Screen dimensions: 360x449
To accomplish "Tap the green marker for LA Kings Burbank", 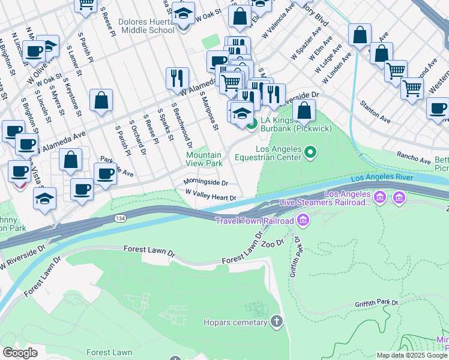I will (252, 124).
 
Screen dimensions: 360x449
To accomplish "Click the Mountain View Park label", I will (204, 159).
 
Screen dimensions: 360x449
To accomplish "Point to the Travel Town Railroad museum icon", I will (303, 221).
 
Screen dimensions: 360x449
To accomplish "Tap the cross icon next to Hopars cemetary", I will (276, 322).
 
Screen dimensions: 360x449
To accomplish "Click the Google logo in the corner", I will (20, 352).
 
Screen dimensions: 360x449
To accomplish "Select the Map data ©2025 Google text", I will (412, 355).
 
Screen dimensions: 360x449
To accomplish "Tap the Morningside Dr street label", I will (206, 182).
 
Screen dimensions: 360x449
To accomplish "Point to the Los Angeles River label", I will (381, 178).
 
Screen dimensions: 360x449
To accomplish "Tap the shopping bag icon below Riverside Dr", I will (304, 110).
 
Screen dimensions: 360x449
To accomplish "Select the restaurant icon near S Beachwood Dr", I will (177, 78).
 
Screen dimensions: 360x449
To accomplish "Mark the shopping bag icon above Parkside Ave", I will (71, 160).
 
